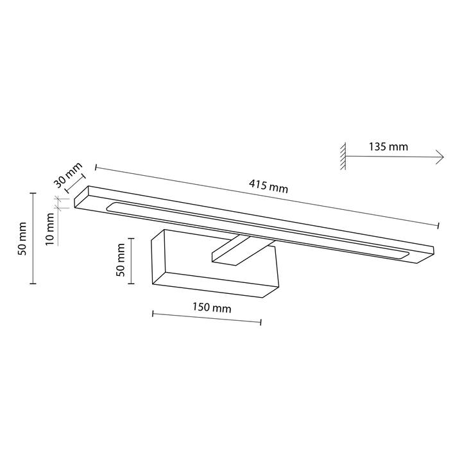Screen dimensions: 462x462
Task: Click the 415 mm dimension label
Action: (268, 186)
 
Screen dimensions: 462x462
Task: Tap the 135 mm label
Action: (388, 146)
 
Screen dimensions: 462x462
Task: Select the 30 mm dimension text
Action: (68, 175)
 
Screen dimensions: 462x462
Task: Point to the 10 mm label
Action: (51, 229)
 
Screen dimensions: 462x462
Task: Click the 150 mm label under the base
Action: (212, 307)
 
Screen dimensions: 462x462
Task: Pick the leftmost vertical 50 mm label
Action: (22, 239)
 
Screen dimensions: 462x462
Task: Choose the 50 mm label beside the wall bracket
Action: (121, 260)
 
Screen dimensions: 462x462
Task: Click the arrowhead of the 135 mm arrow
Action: (440, 157)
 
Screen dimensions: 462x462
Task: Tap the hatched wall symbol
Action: (343, 156)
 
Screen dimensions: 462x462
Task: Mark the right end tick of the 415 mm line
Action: (438, 225)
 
